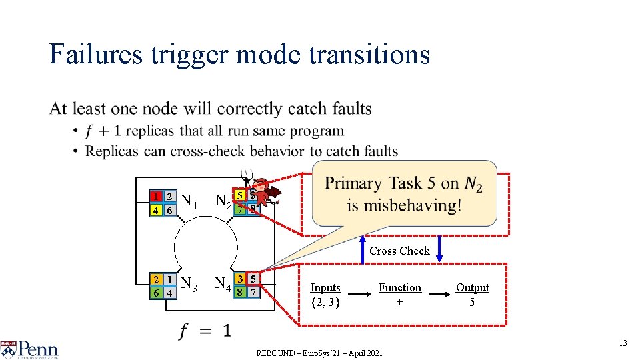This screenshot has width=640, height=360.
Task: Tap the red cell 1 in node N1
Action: click(x=155, y=197)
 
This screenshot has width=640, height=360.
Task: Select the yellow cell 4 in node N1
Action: click(x=155, y=210)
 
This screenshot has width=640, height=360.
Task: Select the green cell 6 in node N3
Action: click(x=155, y=293)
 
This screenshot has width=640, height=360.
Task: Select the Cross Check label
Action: click(x=399, y=251)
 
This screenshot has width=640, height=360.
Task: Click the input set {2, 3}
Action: click(x=325, y=302)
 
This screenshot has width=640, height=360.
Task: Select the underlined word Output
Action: click(x=472, y=288)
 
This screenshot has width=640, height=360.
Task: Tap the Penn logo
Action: click(x=30, y=349)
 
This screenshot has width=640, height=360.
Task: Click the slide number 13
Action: click(x=623, y=343)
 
